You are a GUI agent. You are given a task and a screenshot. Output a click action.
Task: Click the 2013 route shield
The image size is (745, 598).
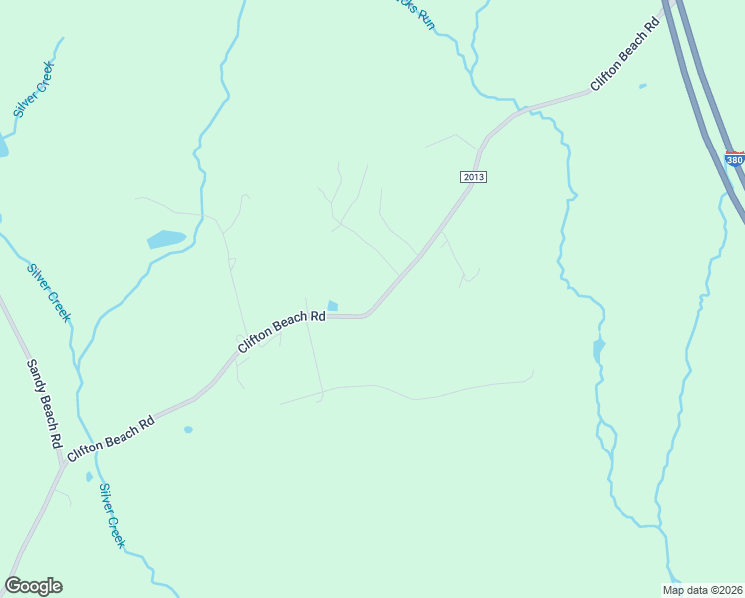(474, 177)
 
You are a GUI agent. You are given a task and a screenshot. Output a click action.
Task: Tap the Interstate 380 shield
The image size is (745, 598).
(735, 160)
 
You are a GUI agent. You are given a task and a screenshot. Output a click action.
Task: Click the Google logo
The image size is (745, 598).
(33, 586)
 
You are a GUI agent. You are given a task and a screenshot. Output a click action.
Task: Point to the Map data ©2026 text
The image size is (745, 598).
(703, 590)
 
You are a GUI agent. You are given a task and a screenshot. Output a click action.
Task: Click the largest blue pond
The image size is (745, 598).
(166, 239)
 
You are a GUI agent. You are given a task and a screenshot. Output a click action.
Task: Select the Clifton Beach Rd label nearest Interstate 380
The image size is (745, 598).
(626, 54)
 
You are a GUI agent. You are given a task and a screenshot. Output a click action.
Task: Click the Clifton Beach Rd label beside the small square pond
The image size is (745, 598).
(282, 330)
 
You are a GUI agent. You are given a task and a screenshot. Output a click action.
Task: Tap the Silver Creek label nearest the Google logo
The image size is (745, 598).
(112, 516)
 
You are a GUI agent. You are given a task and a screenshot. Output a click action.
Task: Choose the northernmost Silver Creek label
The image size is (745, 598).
(34, 90)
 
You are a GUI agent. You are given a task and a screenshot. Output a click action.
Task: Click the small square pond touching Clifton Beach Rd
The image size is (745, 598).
(332, 306)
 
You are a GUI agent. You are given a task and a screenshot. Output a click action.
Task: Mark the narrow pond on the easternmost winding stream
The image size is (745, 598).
(598, 351)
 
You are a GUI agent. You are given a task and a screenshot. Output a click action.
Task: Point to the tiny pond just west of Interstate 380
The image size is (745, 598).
(642, 86)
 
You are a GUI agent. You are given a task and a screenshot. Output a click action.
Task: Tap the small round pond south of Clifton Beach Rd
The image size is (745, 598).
(188, 430)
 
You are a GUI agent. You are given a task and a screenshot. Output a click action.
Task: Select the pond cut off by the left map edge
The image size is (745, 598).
(3, 148)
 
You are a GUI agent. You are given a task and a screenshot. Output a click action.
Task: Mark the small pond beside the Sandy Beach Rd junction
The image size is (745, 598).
(89, 477)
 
